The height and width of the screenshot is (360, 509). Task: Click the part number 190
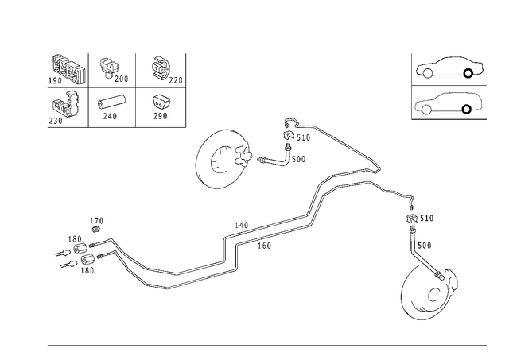click(x=55, y=81)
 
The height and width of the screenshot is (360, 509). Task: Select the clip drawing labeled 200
click(x=108, y=67)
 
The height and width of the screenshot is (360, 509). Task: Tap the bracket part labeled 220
click(x=161, y=69)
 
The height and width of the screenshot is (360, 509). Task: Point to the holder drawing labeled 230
click(x=65, y=104)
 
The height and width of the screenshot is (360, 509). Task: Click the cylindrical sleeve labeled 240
click(x=111, y=103)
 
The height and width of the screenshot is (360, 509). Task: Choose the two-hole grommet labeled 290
click(x=161, y=103)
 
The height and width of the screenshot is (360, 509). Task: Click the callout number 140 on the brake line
click(x=241, y=225)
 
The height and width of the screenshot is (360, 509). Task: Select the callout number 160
click(x=264, y=246)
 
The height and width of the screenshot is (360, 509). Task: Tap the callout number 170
click(x=97, y=221)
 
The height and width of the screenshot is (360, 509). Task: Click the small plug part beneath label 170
click(x=95, y=230)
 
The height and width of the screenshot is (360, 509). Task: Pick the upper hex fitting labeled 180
click(x=80, y=249)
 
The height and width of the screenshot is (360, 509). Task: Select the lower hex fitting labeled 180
click(x=87, y=260)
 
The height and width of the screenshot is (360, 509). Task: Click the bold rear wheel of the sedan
click(x=468, y=74)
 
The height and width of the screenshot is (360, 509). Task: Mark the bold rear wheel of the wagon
click(x=467, y=110)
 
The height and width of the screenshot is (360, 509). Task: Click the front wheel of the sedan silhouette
click(x=428, y=74)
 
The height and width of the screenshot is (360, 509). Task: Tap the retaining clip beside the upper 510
click(x=289, y=135)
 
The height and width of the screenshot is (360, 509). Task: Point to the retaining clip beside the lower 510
click(x=412, y=218)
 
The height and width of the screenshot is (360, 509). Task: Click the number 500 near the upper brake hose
click(x=299, y=159)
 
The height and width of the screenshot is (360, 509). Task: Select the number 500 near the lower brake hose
click(x=425, y=246)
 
